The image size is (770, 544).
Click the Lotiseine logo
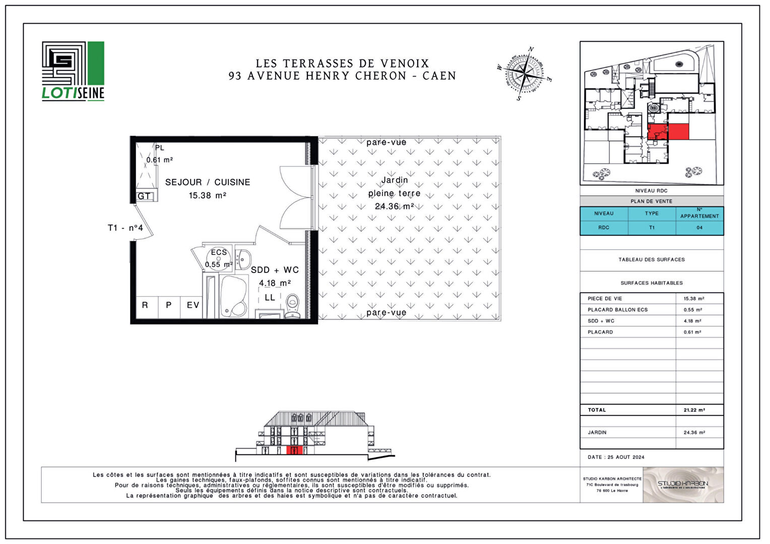(73, 71)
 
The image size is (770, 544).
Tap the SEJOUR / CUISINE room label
(207, 182)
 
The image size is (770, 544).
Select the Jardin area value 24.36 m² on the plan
(394, 207)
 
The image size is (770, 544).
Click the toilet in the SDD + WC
(293, 306)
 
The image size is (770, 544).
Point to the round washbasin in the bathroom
(243, 259)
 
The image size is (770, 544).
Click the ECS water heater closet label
(219, 252)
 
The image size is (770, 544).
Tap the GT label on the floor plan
(144, 196)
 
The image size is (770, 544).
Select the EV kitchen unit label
(192, 305)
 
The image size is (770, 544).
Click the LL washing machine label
(270, 298)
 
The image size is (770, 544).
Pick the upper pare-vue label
(386, 143)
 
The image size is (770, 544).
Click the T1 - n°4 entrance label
(125, 228)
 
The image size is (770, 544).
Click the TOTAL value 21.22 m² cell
(694, 410)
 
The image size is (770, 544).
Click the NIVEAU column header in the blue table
(604, 214)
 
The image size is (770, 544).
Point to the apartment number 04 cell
(699, 228)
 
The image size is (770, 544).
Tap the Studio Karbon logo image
(683, 485)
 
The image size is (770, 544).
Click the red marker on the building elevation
(294, 450)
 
